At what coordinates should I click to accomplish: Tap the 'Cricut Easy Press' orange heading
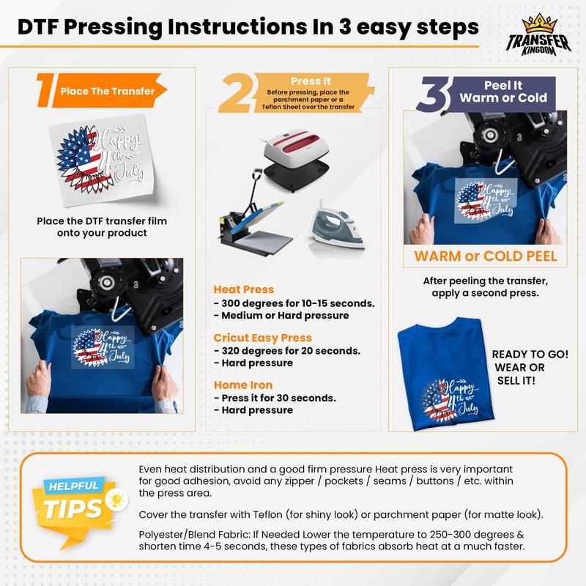pyautogui.click(x=262, y=337)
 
